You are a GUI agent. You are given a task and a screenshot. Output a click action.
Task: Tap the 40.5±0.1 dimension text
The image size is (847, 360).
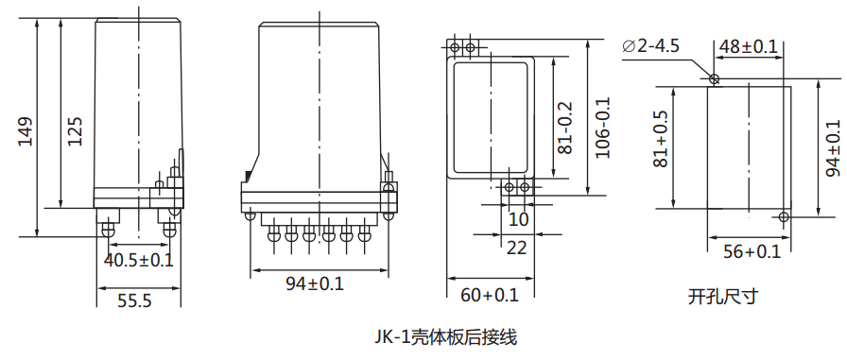pos(139,259)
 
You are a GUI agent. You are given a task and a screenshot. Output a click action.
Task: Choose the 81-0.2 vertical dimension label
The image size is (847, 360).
pos(564,129)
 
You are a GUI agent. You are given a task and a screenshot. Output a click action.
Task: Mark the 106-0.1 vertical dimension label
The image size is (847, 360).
pos(603,127)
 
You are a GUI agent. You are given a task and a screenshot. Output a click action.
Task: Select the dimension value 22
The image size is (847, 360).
pos(517,248)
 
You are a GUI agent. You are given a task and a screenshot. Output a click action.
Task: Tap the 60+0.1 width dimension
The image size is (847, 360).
pos(490,295)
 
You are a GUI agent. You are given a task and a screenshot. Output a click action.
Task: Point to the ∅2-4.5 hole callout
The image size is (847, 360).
pos(651,45)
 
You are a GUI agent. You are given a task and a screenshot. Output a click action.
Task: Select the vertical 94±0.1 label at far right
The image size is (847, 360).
pos(832,148)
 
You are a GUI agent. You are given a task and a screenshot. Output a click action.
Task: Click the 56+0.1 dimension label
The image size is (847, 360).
pos(752,251)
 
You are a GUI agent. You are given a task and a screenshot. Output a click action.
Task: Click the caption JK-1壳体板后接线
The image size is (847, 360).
pos(445,336)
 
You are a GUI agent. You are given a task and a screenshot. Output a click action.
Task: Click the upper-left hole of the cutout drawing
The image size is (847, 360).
pos(715,80)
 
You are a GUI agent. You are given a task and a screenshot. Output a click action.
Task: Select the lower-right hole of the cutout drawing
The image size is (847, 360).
pos(784,217)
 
